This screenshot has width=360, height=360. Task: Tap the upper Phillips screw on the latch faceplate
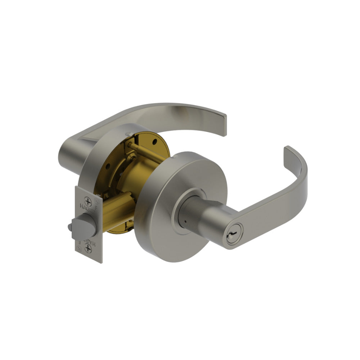pyautogui.click(x=87, y=202)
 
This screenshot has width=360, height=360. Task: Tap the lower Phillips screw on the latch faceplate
pyautogui.click(x=87, y=248)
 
